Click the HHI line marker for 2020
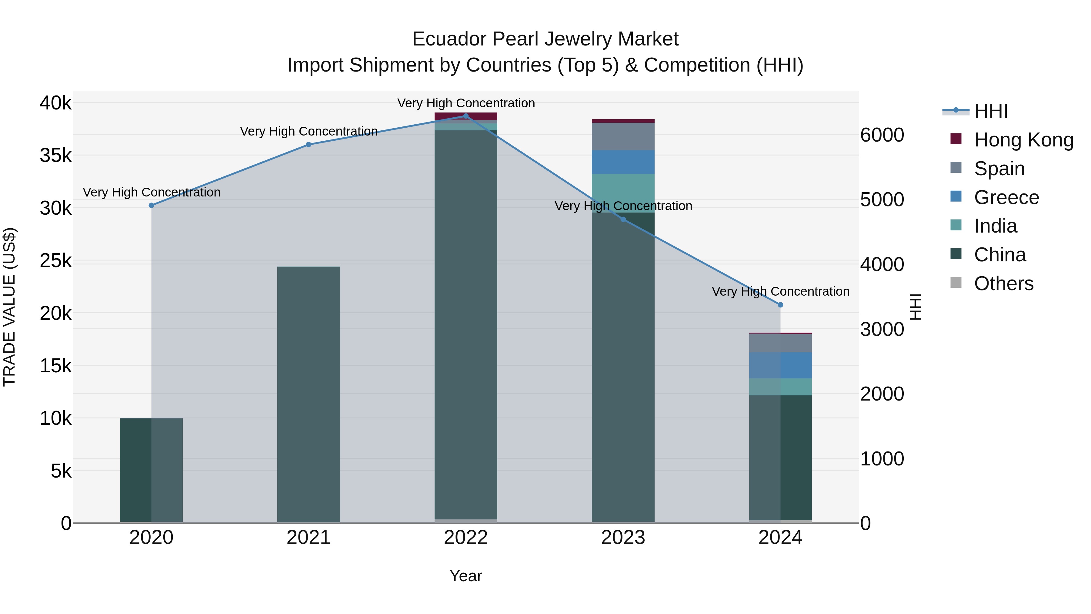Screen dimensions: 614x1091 [x=151, y=206]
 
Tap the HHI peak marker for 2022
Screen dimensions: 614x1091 [x=466, y=116]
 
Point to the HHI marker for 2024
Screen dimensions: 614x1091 [x=781, y=305]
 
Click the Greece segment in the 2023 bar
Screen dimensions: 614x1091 [x=623, y=162]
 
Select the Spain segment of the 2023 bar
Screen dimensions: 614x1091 [x=623, y=136]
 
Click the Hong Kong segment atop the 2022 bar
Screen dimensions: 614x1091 [x=466, y=116]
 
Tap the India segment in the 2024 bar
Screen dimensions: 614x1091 [x=781, y=387]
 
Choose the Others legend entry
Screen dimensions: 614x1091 [x=1003, y=284]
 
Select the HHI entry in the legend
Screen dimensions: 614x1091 [x=991, y=111]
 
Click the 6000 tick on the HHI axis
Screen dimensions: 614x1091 [x=882, y=135]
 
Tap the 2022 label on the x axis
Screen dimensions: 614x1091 [x=466, y=538]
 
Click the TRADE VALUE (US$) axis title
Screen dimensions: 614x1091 [x=9, y=307]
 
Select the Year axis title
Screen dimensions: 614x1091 [x=466, y=576]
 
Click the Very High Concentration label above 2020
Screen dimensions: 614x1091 [x=152, y=192]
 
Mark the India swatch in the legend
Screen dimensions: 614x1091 [x=956, y=225]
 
